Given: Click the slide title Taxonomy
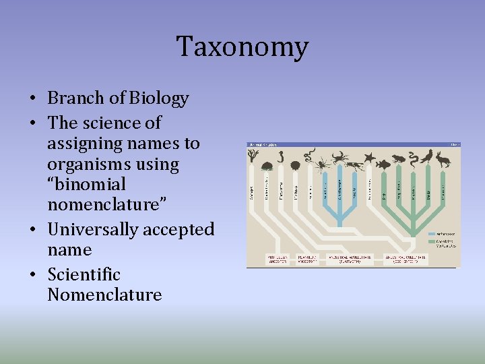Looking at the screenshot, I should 243,47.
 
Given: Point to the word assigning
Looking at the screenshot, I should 86,144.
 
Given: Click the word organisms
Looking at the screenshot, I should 89,164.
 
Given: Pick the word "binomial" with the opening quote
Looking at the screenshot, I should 86,185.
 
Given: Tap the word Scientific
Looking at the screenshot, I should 84,275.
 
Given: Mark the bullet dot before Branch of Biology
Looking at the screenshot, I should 33,99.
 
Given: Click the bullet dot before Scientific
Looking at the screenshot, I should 33,275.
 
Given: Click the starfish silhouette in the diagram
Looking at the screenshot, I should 369,158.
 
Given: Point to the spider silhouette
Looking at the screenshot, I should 322,162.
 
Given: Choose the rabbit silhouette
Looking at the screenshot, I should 443,159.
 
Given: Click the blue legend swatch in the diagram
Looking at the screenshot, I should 432,234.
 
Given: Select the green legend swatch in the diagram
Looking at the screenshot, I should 432,243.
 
